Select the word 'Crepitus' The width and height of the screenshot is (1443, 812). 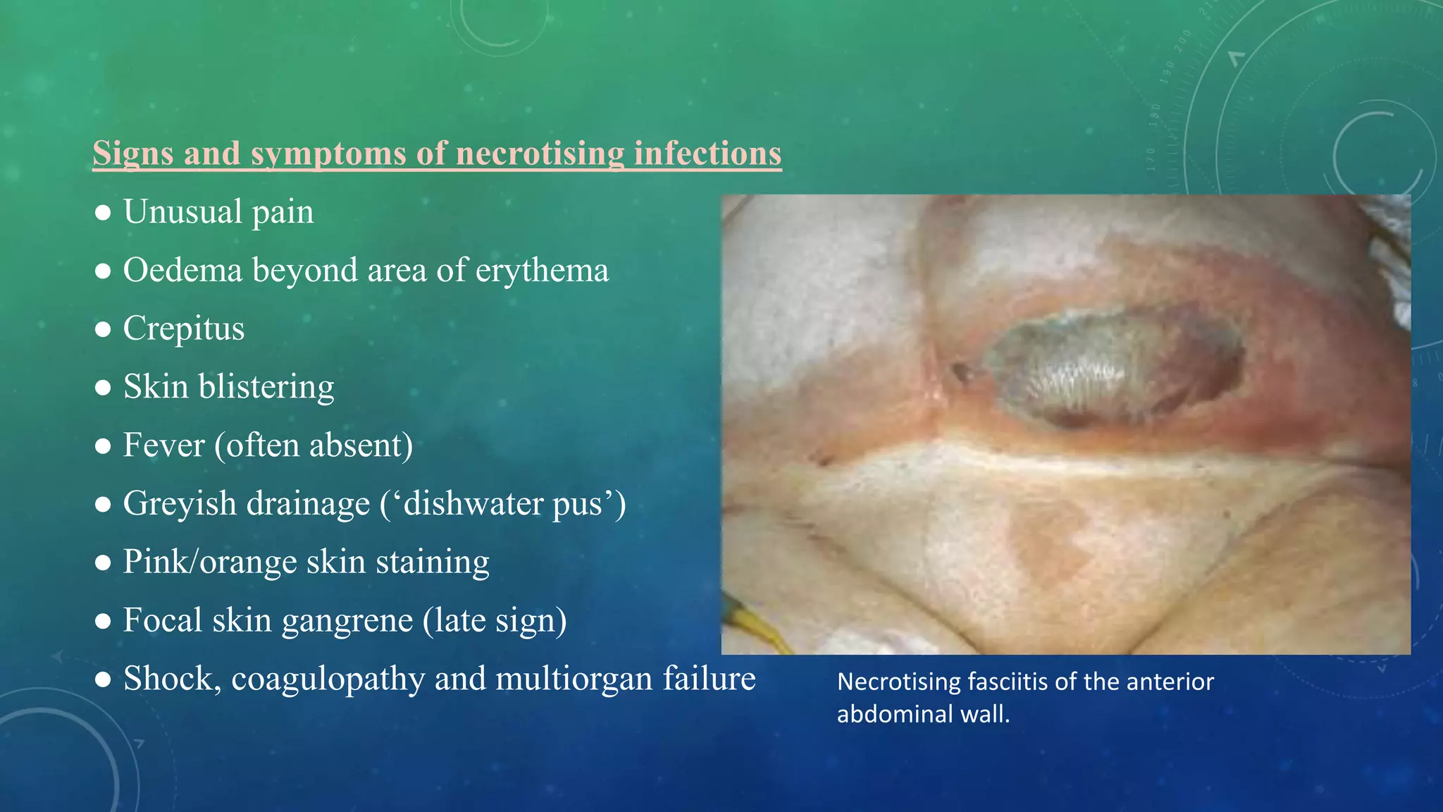point(184,329)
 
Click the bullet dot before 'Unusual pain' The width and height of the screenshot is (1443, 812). point(103,213)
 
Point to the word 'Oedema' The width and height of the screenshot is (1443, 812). point(182,271)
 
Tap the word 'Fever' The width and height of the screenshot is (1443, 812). point(163,445)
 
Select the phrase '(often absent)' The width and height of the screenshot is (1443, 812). point(314,445)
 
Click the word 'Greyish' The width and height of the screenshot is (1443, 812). point(180,504)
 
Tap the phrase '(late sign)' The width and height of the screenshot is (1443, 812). point(495,621)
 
